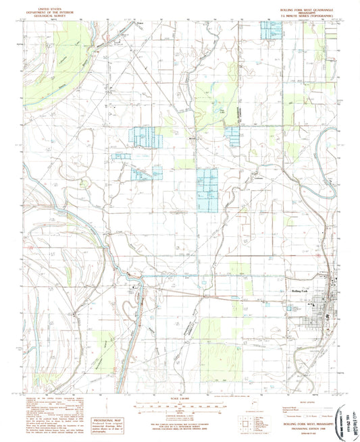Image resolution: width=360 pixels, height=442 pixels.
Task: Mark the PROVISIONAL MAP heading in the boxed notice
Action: tap(104, 400)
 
